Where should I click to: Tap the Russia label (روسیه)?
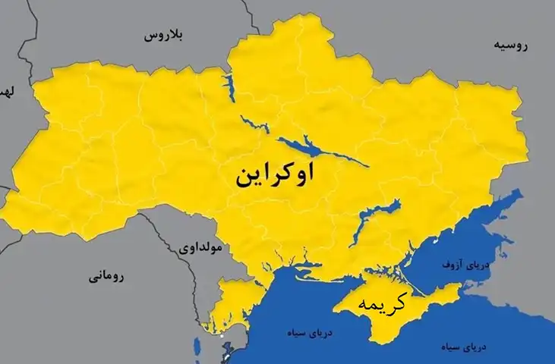(x=510, y=45)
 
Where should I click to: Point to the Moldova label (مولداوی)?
(x=200, y=247)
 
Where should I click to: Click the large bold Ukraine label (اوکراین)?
(x=275, y=175)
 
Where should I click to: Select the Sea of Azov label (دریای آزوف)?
(x=462, y=265)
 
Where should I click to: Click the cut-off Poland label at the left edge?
(x=6, y=93)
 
